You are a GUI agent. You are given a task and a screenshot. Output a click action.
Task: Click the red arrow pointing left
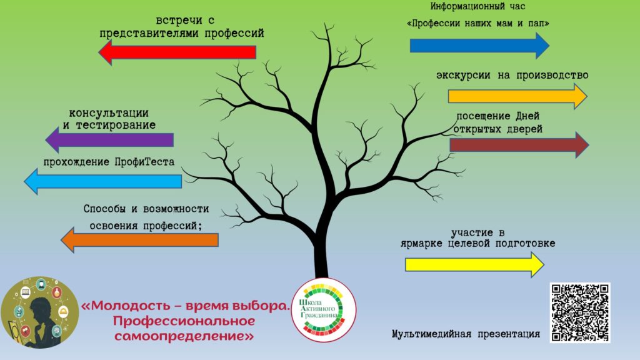click(177, 52)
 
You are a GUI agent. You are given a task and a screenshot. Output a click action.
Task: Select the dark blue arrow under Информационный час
click(479, 46)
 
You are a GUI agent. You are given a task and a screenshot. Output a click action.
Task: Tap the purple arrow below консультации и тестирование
click(109, 140)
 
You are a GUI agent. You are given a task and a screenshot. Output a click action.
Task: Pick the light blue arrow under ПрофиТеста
click(103, 181)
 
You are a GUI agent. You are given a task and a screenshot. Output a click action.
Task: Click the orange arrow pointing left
click(139, 240)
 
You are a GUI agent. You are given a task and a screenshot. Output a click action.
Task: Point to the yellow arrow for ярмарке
click(475, 264)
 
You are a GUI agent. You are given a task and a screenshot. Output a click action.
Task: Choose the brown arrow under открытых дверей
click(519, 144)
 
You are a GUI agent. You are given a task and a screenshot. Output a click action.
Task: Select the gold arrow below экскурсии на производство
click(517, 96)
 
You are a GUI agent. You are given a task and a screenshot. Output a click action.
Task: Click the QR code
click(580, 312)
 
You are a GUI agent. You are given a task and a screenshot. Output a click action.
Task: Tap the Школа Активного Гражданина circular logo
click(324, 310)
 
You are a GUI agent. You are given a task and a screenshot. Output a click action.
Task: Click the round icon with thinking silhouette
click(39, 312)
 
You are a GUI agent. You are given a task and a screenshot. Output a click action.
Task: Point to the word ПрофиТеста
click(144, 162)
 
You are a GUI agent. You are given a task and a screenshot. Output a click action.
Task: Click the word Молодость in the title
click(131, 306)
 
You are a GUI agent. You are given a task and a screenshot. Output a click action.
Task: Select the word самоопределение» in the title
click(184, 336)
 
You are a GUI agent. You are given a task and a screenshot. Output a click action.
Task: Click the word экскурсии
click(463, 76)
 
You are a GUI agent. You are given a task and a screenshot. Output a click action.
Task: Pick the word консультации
click(109, 113)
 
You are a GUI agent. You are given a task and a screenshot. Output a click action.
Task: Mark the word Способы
click(104, 209)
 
